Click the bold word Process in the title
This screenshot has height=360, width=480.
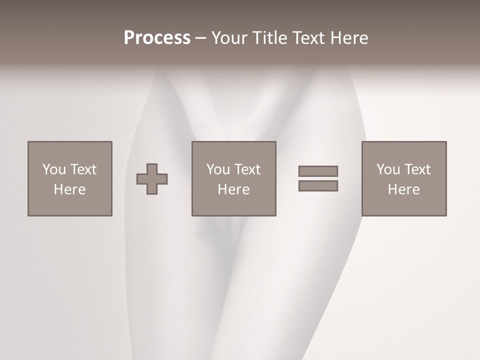[x=157, y=38]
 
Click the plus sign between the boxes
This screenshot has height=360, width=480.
[x=152, y=178]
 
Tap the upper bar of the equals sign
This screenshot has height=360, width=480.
[x=318, y=171]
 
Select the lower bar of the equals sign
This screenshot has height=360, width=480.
[x=318, y=185]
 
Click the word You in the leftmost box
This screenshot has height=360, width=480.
[x=54, y=169]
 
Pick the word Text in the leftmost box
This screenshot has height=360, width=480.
[x=83, y=169]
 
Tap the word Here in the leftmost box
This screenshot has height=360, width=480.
[x=69, y=189]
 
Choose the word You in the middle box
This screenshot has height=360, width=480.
[x=218, y=169]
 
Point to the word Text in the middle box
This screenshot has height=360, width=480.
[x=247, y=169]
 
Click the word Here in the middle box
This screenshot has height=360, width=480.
[x=233, y=189]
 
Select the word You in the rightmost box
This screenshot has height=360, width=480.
[x=388, y=169]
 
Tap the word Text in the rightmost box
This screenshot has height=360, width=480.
[x=417, y=169]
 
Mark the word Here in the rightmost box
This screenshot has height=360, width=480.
[x=403, y=189]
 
